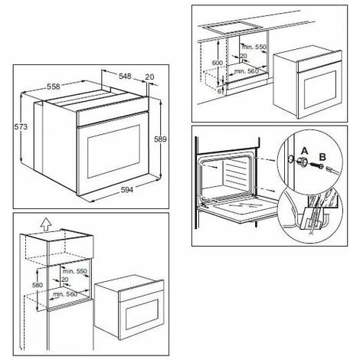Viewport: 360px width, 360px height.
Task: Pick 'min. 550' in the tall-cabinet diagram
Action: tap(74, 272)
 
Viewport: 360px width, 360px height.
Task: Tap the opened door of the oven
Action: tap(237, 211)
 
